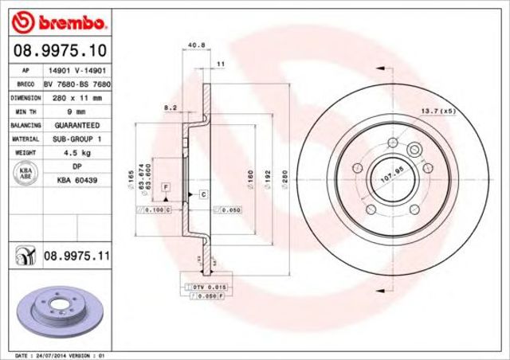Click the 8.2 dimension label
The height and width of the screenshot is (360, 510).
170,106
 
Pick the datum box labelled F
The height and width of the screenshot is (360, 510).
166,186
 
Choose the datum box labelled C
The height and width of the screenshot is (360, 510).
203,194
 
